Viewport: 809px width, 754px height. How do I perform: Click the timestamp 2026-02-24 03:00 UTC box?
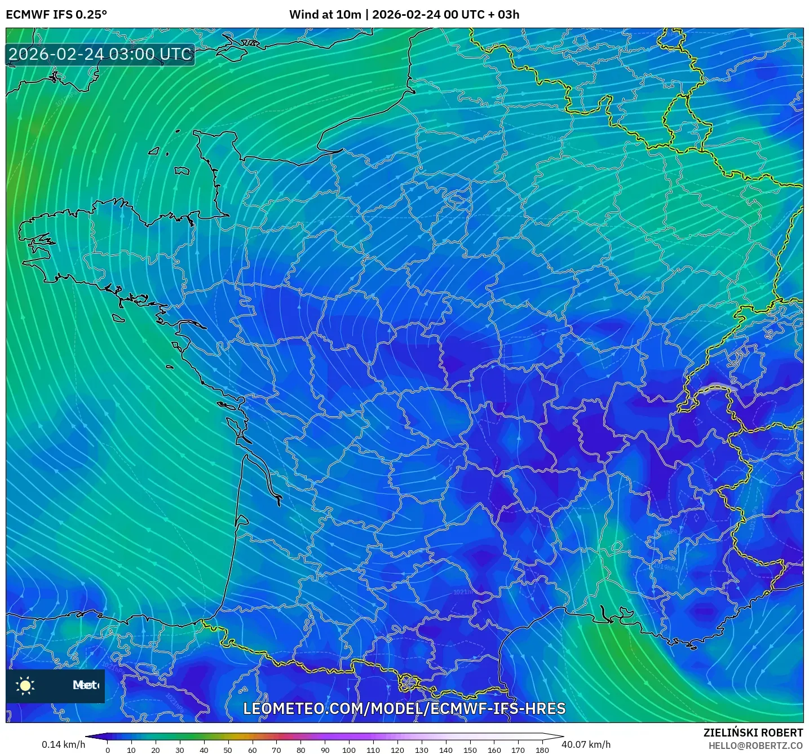click(x=100, y=54)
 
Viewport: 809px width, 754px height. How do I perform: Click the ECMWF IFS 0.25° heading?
click(x=56, y=15)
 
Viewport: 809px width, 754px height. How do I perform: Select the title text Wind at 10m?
click(x=325, y=15)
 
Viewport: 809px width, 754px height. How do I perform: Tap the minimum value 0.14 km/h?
click(x=63, y=744)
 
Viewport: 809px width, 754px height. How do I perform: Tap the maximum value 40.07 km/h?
click(x=586, y=744)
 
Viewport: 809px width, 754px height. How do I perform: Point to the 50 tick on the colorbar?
click(x=228, y=750)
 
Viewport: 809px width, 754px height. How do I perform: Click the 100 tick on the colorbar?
click(x=349, y=750)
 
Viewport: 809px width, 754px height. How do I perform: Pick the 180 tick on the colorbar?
click(x=542, y=750)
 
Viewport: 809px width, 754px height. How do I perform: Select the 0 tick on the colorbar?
click(x=108, y=750)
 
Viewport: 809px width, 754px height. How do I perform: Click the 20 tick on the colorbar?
click(x=156, y=750)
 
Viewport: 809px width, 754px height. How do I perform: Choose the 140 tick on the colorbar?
click(x=446, y=750)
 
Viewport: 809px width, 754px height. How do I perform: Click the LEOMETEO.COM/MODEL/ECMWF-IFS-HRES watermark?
click(x=404, y=709)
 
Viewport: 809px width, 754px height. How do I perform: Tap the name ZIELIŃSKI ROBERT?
click(x=753, y=733)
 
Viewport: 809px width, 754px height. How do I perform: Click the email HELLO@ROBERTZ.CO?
click(x=755, y=746)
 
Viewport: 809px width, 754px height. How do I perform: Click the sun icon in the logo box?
click(x=25, y=685)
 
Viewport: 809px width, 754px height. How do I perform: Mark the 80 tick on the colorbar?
click(x=300, y=750)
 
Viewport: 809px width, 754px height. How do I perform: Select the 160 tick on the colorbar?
click(x=494, y=750)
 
